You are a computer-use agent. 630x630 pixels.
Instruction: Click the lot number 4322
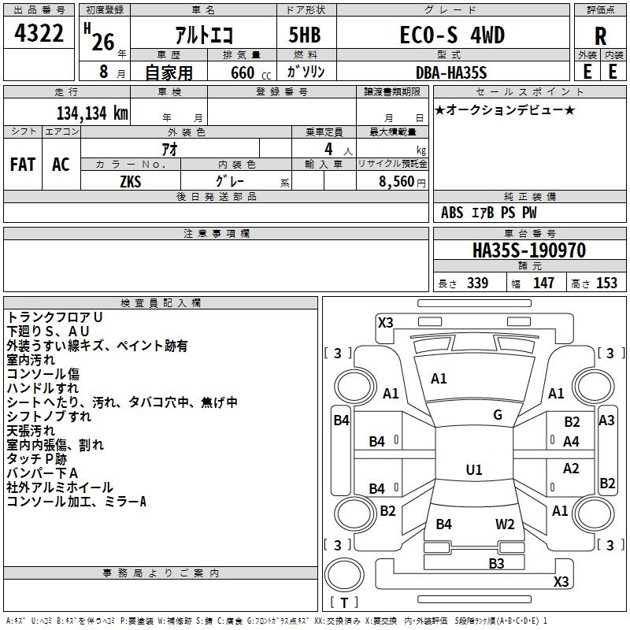[x=40, y=34]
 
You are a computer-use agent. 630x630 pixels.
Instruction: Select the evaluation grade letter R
[x=600, y=37]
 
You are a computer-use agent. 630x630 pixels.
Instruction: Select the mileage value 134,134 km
[x=91, y=113]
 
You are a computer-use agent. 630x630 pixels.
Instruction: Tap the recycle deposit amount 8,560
[x=395, y=181]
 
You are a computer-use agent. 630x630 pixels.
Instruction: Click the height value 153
[x=606, y=283]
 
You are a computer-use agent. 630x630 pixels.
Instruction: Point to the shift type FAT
[x=22, y=165]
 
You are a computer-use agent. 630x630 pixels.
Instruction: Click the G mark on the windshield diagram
[x=498, y=415]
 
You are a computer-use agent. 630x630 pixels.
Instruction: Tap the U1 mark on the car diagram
[x=473, y=470]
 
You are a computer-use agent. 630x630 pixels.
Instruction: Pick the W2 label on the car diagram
[x=505, y=524]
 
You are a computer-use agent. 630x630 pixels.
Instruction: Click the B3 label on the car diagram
[x=496, y=563]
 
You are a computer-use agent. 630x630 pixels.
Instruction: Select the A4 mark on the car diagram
[x=572, y=442]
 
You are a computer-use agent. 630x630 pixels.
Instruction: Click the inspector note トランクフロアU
[x=55, y=317]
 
